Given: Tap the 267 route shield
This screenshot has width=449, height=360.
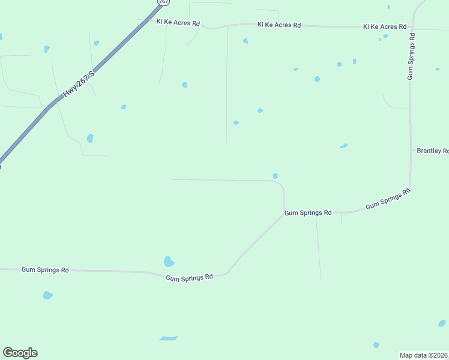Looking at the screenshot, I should click(163, 2).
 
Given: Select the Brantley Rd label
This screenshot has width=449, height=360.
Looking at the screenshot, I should click(432, 151).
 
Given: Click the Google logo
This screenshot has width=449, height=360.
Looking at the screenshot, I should click(20, 353).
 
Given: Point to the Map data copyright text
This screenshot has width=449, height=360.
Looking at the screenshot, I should click(424, 355).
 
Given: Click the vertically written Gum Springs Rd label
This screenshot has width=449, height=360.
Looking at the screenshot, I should click(411, 56).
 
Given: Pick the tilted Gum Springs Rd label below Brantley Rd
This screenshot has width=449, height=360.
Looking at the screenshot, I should click(388, 199).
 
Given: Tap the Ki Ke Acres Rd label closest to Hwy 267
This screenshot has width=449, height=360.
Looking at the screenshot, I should click(178, 22).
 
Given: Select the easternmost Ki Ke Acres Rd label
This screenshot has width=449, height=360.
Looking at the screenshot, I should click(385, 27).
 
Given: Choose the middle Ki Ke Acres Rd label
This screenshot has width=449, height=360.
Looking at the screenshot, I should click(279, 25).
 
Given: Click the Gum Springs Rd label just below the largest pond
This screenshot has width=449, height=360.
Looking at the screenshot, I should click(189, 277).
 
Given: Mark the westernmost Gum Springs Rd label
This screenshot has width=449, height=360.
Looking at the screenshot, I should click(45, 270).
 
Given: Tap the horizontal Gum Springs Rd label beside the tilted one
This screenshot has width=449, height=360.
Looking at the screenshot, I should click(308, 213).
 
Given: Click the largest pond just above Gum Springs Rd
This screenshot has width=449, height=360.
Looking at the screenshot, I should click(169, 262).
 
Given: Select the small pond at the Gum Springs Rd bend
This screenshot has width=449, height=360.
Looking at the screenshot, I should click(276, 176).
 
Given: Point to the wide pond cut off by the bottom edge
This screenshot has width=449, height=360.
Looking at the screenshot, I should click(168, 338).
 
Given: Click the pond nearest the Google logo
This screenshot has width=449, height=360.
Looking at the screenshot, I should click(47, 295).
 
